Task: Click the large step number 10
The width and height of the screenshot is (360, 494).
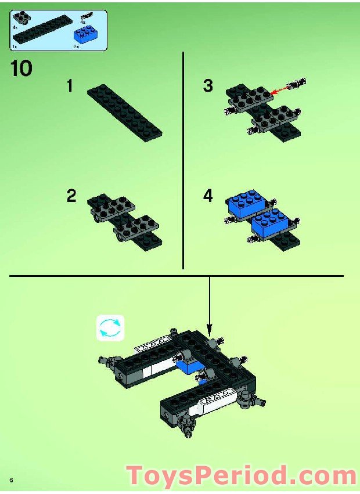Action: pyautogui.click(x=21, y=68)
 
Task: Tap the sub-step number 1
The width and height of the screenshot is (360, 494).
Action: pyautogui.click(x=70, y=87)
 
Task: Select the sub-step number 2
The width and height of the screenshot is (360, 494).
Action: pyautogui.click(x=71, y=196)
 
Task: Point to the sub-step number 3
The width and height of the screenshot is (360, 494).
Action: pyautogui.click(x=208, y=86)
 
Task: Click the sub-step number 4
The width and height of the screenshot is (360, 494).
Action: pyautogui.click(x=208, y=196)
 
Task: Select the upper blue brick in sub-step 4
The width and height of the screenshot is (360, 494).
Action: pyautogui.click(x=247, y=204)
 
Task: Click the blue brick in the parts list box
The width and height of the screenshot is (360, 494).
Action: pyautogui.click(x=85, y=35)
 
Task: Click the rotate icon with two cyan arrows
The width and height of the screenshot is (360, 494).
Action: pyautogui.click(x=110, y=327)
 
